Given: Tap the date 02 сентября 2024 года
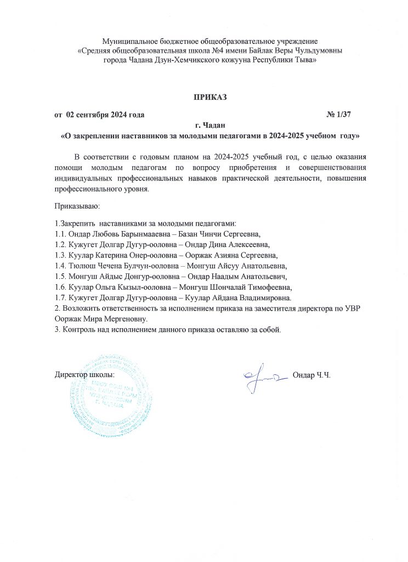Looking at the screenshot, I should pyautogui.click(x=105, y=115).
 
